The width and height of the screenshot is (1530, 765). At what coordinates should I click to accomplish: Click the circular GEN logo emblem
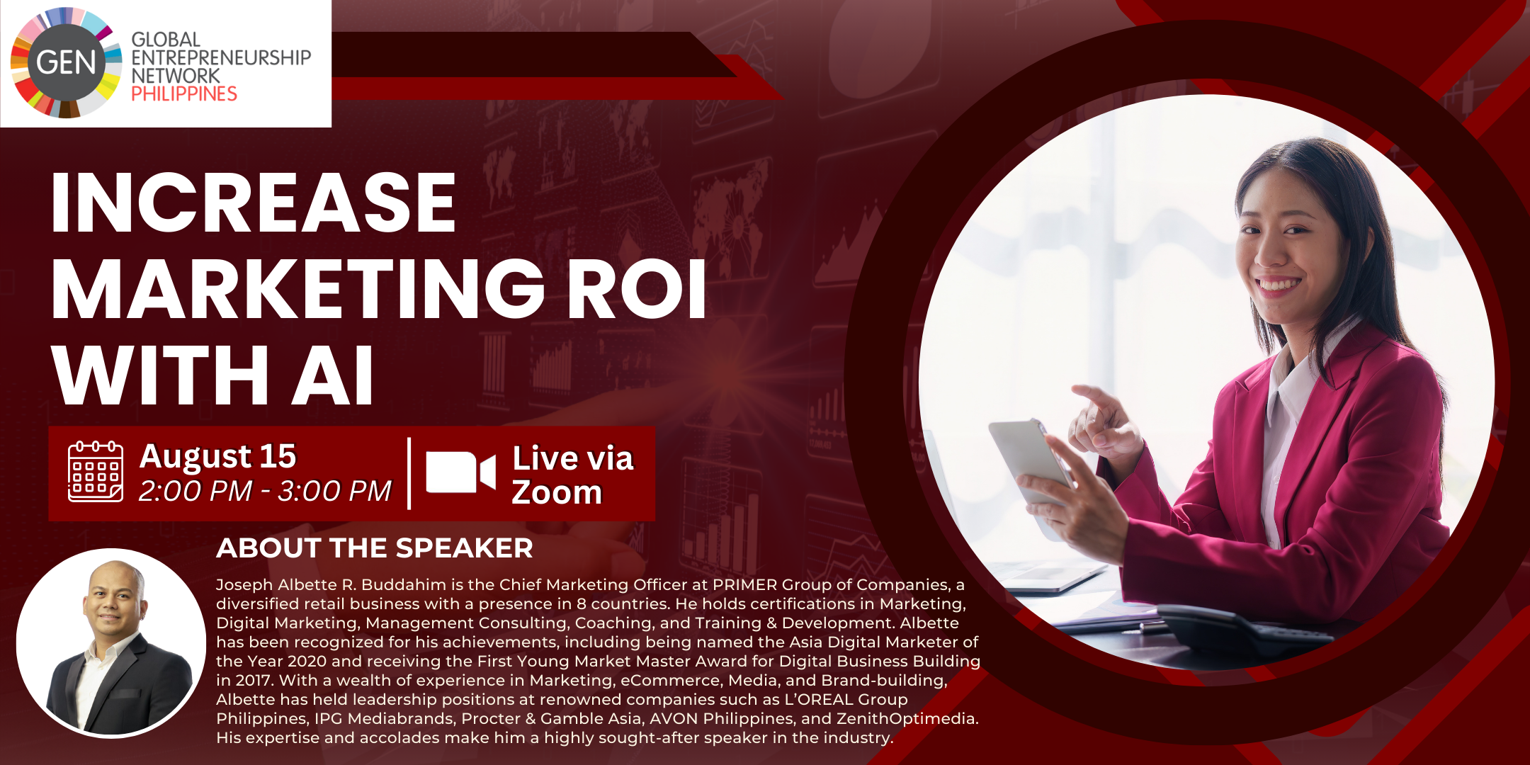pos(66,62)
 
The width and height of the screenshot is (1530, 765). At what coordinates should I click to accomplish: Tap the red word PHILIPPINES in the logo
pos(184,93)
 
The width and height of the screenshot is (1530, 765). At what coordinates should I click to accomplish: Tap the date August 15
pos(218,456)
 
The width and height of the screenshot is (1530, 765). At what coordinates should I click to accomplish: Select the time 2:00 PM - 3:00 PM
pos(265,491)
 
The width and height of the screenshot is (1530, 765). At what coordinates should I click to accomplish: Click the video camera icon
pos(460,472)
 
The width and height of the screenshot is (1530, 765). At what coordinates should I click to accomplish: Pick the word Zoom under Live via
pos(557,492)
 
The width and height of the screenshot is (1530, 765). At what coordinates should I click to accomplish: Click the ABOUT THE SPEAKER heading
pos(375,548)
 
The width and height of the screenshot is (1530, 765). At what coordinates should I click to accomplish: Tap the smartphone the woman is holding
pos(1032,460)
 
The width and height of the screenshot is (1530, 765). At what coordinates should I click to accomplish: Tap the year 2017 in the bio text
pos(254,681)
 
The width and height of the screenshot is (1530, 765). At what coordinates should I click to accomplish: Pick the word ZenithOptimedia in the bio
pos(907,719)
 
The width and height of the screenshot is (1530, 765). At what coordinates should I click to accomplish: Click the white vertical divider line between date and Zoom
pos(409,473)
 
